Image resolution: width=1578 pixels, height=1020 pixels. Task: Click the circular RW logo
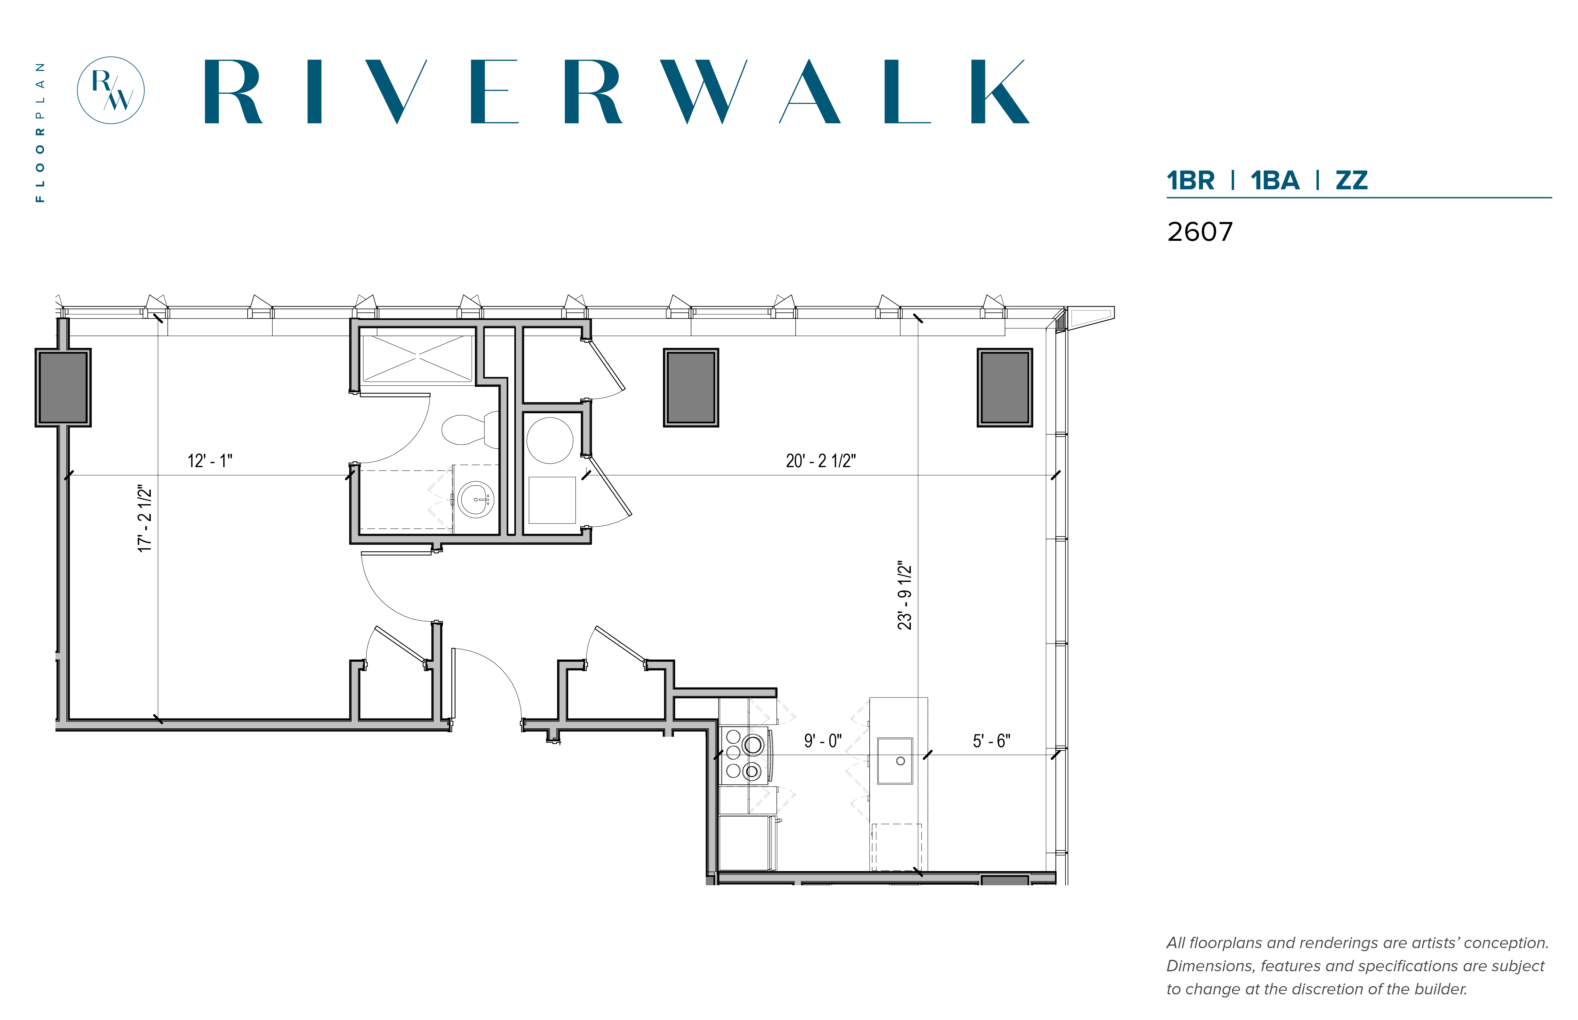(x=111, y=90)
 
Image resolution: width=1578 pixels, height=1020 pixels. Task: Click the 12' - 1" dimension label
(x=210, y=461)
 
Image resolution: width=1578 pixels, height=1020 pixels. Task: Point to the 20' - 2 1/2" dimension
(x=821, y=461)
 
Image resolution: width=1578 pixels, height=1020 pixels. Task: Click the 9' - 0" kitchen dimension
(x=823, y=741)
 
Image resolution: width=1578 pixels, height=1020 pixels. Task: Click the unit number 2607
(x=1200, y=232)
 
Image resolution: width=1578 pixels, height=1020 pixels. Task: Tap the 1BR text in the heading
(x=1190, y=180)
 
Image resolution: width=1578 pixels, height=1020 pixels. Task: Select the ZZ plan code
(x=1351, y=180)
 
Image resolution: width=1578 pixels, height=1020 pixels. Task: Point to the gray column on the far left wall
(x=63, y=388)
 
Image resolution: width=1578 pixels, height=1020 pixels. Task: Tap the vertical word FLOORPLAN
(x=40, y=133)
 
